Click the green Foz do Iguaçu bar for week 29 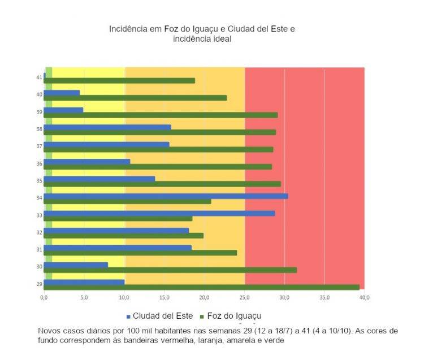201,287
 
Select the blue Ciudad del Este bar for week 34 166,196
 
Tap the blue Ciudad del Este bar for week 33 159,214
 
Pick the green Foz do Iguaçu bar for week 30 170,270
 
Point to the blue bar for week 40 62,92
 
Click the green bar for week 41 119,81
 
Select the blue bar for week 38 107,127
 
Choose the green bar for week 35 162,184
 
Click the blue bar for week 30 76,264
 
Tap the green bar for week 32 123,235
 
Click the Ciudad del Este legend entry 159,315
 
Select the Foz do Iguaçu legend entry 229,315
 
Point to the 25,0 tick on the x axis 244,297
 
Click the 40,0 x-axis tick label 364,297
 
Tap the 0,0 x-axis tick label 44,297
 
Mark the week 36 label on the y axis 40,164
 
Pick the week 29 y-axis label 40,284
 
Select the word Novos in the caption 50,331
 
